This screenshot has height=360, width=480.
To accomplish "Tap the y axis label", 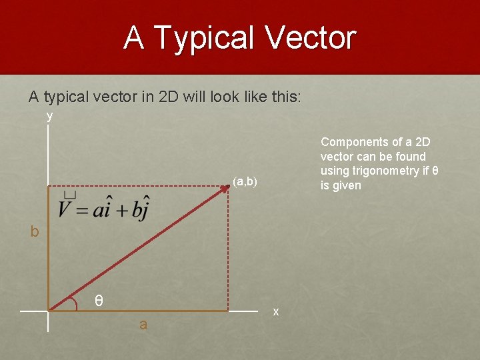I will (49, 116).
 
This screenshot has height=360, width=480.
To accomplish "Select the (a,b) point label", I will (245, 181).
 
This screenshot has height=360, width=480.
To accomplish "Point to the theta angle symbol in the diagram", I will (99, 301).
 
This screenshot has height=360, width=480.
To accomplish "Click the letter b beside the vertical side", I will (34, 232).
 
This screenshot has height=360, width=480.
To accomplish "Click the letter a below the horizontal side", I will (143, 325).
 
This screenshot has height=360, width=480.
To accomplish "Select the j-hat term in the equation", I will (141, 208).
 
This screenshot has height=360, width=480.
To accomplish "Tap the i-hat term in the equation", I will (103, 208).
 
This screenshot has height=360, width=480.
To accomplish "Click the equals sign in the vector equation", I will (81, 210).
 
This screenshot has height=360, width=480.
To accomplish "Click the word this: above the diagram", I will (287, 97).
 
